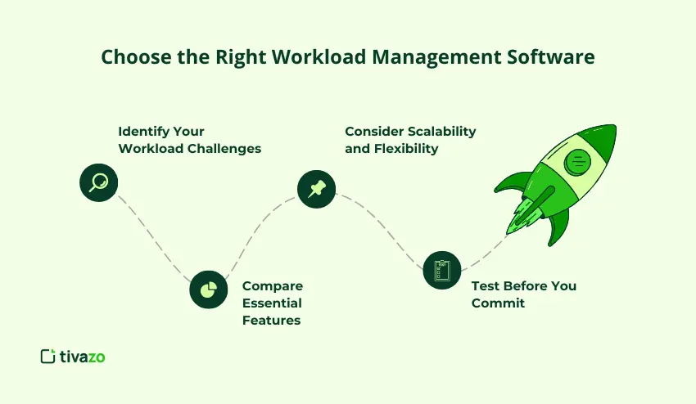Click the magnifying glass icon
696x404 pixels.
pyautogui.click(x=98, y=182)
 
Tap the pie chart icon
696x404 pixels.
pyautogui.click(x=208, y=290)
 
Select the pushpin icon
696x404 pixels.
pyautogui.click(x=316, y=189)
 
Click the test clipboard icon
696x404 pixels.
pyautogui.click(x=442, y=269)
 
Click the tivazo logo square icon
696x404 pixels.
pyautogui.click(x=47, y=356)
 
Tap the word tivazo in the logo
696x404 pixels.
pyautogui.click(x=83, y=356)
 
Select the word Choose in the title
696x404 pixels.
pyautogui.click(x=130, y=57)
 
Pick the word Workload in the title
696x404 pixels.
pyautogui.click(x=287, y=57)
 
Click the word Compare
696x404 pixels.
pyautogui.click(x=273, y=285)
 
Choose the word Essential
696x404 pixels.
pyautogui.click(x=272, y=303)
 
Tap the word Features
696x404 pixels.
pyautogui.click(x=271, y=320)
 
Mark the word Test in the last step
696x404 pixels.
pyautogui.click(x=486, y=285)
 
